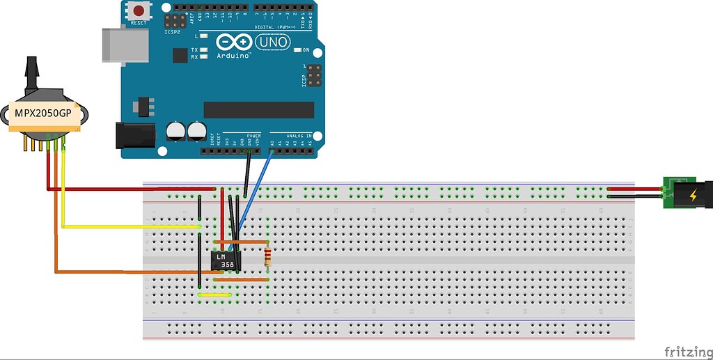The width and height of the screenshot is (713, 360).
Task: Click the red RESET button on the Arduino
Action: coord(139,11)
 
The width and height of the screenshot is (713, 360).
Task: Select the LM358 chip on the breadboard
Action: coord(224,260)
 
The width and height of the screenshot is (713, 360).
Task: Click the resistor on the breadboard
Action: coord(268,259)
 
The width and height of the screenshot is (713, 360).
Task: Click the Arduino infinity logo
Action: coord(233,42)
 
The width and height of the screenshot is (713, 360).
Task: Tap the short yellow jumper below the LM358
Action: coord(215,295)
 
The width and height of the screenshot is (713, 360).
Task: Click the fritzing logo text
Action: coord(687,352)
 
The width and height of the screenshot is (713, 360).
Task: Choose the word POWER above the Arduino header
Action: coord(254,135)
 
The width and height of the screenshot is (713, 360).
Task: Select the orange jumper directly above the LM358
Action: coord(241,242)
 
